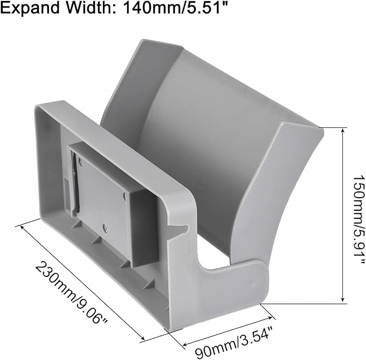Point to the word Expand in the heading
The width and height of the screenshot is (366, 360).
pos(30,9)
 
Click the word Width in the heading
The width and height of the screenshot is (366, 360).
pos(91,8)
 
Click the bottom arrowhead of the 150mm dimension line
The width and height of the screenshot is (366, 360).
pos(342,300)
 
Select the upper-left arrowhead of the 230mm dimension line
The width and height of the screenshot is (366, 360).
pos(23,227)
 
